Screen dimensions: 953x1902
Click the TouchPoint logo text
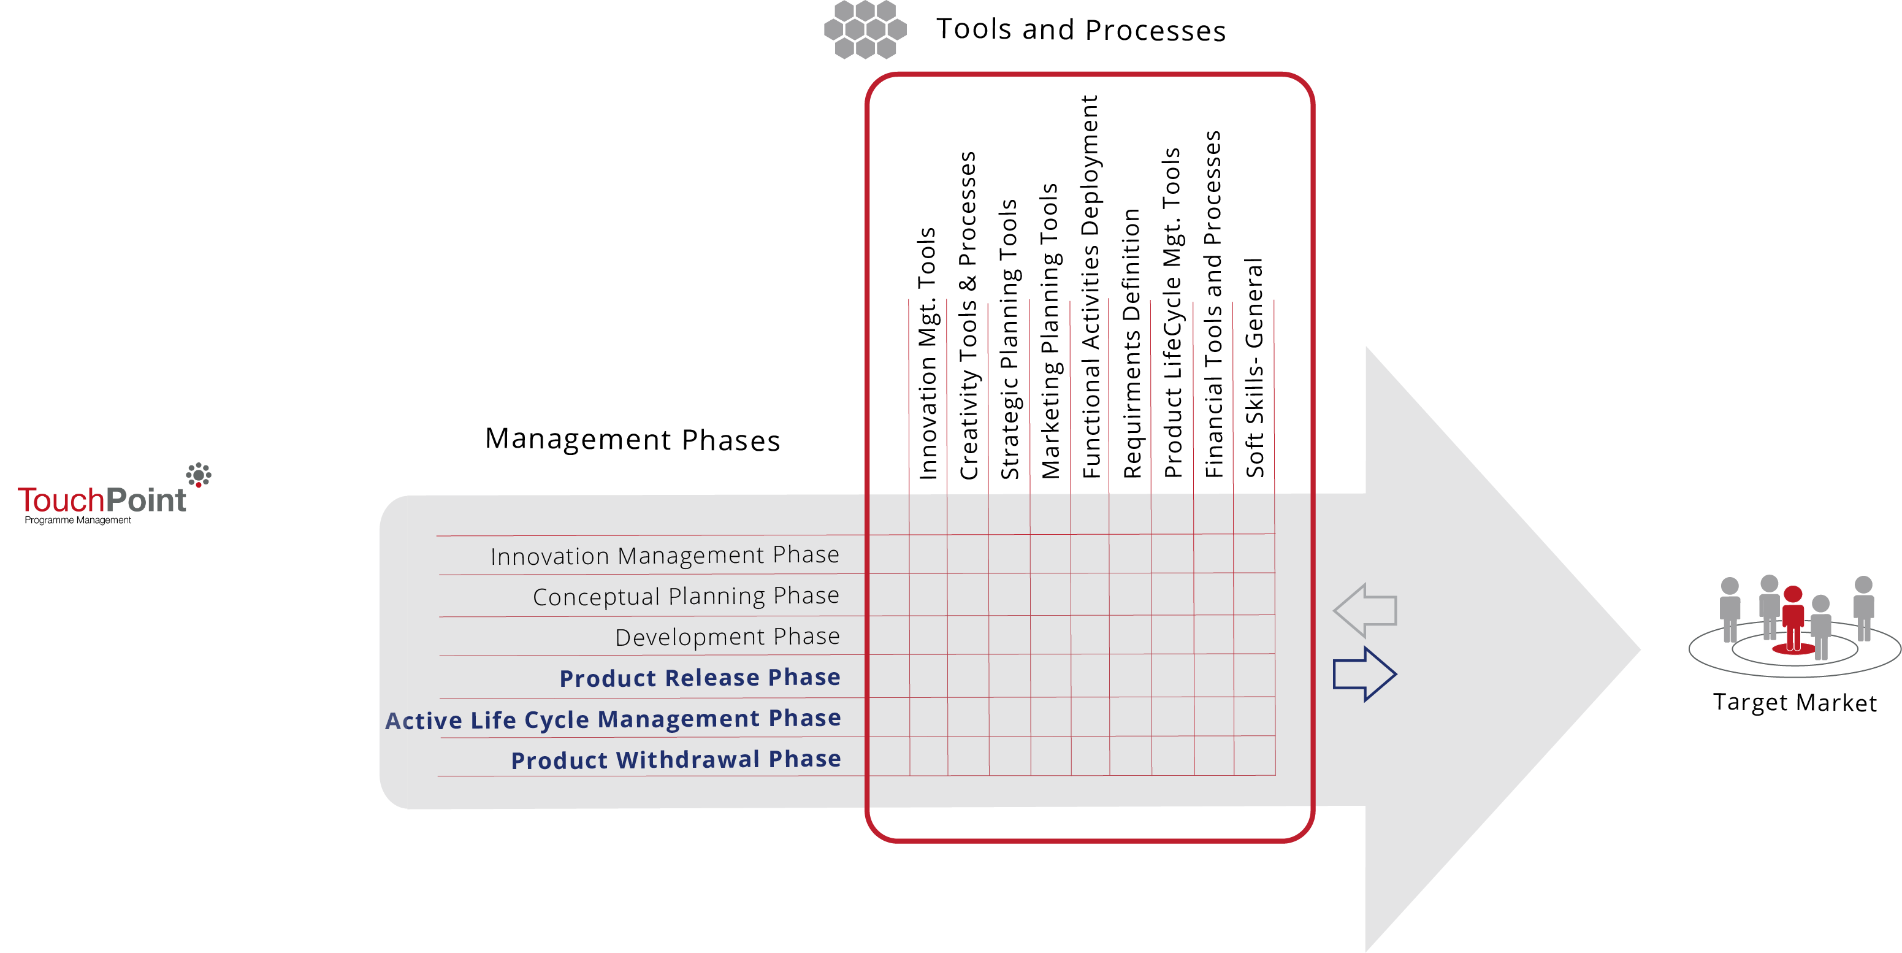coord(102,500)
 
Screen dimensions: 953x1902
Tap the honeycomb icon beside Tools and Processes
coord(865,29)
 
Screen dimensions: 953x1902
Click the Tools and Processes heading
coord(1080,30)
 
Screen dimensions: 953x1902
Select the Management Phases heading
coord(632,440)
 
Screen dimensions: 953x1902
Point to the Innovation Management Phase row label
coord(665,556)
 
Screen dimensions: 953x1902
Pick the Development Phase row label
coord(727,637)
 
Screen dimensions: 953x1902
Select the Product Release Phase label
coord(699,678)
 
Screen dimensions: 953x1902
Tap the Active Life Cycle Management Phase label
coord(613,719)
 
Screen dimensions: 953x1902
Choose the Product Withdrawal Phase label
coord(676,759)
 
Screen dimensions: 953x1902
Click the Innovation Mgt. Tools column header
coord(927,353)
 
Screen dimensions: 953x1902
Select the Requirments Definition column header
coord(1132,343)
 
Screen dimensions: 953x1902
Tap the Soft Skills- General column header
coord(1255,367)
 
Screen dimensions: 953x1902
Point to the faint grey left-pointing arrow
coord(1366,610)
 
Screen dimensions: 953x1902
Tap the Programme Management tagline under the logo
coord(77,520)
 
